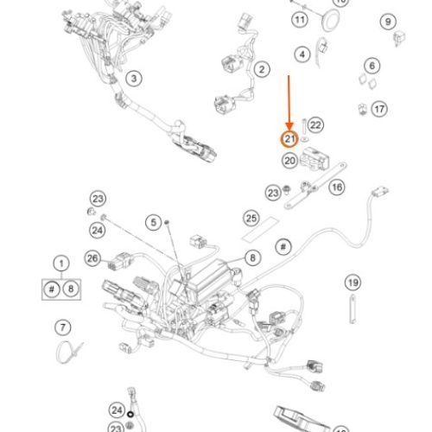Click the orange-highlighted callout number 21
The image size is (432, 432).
(x=289, y=139)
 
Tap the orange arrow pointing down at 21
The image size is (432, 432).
(x=289, y=103)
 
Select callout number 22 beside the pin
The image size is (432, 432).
(x=315, y=125)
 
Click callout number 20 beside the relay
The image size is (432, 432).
(x=289, y=161)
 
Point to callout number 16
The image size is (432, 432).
(x=337, y=187)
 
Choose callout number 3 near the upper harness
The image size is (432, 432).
(x=134, y=79)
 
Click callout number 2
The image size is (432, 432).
(x=262, y=69)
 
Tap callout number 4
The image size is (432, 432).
(x=302, y=54)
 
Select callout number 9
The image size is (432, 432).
(x=388, y=22)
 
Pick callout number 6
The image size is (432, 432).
(x=372, y=66)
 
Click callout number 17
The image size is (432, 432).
(x=379, y=109)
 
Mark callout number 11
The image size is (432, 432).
(x=300, y=20)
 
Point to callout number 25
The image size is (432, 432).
(x=251, y=218)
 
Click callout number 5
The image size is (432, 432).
(x=154, y=222)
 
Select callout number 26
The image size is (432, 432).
(x=92, y=258)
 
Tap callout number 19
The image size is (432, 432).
(x=353, y=283)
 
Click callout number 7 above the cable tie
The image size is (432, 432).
(x=63, y=327)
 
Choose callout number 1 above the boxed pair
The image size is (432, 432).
(x=61, y=264)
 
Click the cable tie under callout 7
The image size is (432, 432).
(x=69, y=352)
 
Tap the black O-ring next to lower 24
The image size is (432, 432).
(x=130, y=415)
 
